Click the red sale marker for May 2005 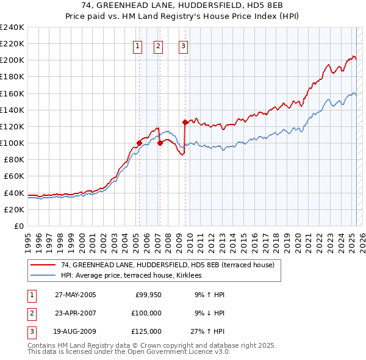point(139,143)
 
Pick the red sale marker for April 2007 point(160,143)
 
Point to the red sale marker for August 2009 point(185,122)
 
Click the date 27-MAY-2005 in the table point(76,294)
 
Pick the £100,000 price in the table point(146,313)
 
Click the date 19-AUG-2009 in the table point(76,332)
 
